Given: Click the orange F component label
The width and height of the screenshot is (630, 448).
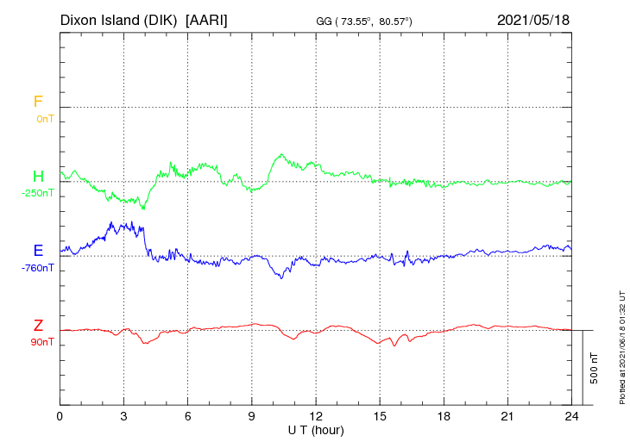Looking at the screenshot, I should coord(38,102).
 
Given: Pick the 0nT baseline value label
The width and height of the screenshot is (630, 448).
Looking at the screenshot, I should coord(45,118).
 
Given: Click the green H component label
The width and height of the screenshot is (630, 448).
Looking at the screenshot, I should coord(38,177).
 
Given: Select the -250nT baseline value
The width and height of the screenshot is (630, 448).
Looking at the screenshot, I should coord(39,193).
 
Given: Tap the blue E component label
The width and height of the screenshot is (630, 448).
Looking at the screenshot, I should coord(38,251).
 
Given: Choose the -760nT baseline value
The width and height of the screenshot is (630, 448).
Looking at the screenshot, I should coord(39,267).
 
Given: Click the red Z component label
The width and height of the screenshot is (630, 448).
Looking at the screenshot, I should coord(38,326).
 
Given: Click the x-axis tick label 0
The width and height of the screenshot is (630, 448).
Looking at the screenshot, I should coord(60,416).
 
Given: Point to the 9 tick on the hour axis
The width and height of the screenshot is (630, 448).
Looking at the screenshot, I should coord(252,416).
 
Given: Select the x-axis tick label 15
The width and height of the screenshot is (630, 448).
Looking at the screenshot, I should coord(380,416).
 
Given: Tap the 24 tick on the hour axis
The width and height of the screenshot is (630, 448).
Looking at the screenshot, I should coord(571,416).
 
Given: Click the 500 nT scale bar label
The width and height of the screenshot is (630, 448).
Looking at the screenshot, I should coord(595,368).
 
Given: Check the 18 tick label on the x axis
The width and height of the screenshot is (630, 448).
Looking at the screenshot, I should coord(444,416).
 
